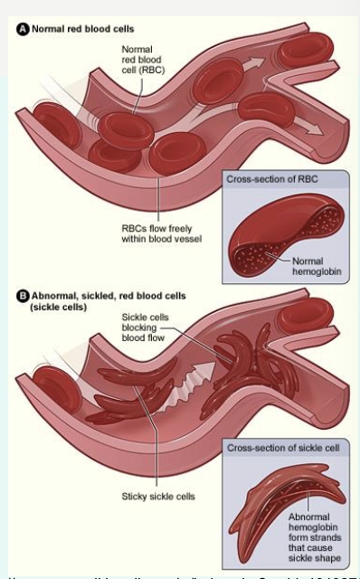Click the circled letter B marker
pyautogui.click(x=24, y=296)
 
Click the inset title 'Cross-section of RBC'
pyautogui.click(x=272, y=179)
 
